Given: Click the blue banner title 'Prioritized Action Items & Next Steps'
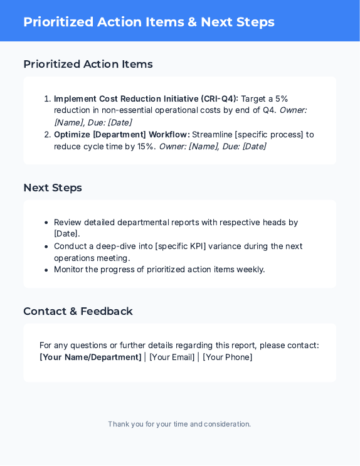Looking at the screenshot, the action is [149, 22].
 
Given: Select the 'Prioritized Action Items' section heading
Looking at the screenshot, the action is [88, 64].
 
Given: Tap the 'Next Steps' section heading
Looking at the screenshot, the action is [53, 188].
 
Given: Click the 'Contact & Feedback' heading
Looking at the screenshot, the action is [78, 311].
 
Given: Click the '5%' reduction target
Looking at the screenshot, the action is [282, 98].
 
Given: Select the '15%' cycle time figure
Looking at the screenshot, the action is [146, 146].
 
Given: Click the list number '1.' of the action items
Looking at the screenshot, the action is [47, 98].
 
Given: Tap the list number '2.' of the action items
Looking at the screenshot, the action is [47, 134].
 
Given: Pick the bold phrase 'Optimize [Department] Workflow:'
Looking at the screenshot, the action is [122, 134].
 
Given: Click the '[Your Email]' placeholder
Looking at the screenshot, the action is [172, 357].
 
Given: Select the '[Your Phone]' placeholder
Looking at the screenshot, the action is [228, 357].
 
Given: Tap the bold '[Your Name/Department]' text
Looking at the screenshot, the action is [90, 357].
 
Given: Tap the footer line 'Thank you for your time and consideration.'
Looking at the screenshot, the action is [179, 424].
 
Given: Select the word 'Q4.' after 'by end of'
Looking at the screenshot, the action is [268, 110].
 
